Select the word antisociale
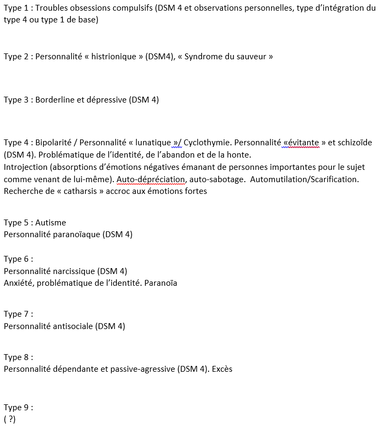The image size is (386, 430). pos(73,326)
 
